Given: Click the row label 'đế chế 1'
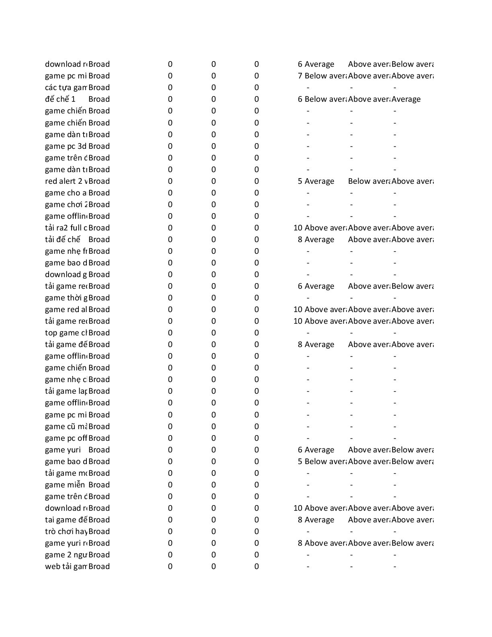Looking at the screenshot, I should pos(60,99).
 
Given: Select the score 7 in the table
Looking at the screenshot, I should pos(300,76).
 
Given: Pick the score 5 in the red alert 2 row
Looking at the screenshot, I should pos(300,181).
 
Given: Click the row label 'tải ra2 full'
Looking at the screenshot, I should pos(66,228).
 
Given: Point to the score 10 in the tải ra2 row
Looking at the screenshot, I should pos(298,228).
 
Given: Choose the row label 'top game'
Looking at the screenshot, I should pos(66,333).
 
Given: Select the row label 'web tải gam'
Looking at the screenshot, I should pos(66,567).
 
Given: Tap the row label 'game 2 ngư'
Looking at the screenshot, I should pos(66,555).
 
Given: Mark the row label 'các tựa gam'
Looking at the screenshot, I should pos(66,88).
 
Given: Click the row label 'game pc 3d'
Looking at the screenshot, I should pos(66,146).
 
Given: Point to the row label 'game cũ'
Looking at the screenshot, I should pos(66,427).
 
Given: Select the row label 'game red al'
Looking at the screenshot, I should pos(66,310).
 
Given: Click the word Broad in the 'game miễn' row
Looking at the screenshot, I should pos(99,485).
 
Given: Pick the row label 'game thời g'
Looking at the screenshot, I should pos(66,298).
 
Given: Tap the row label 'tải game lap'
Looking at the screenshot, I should pos(66,391).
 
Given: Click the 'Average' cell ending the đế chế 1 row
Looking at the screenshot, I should pos(406,99).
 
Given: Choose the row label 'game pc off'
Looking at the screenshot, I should pos(66,438).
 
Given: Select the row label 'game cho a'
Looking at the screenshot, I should pos(66,193).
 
